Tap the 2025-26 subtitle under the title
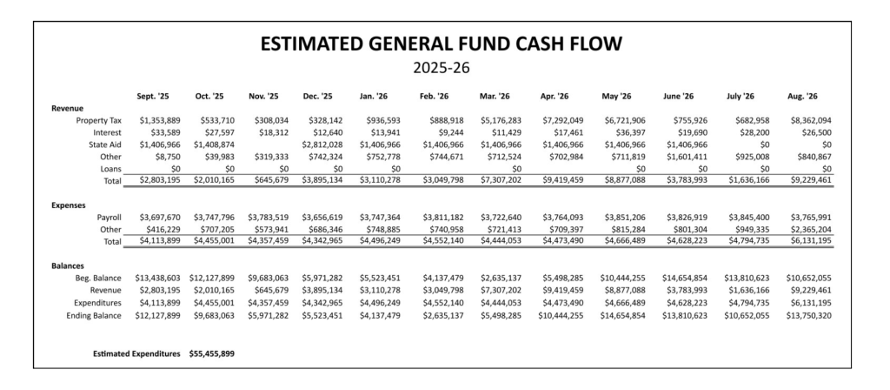[444, 66]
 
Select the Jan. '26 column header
[375, 97]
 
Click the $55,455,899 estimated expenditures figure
[211, 354]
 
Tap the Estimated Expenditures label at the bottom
[136, 354]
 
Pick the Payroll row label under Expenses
[104, 216]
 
